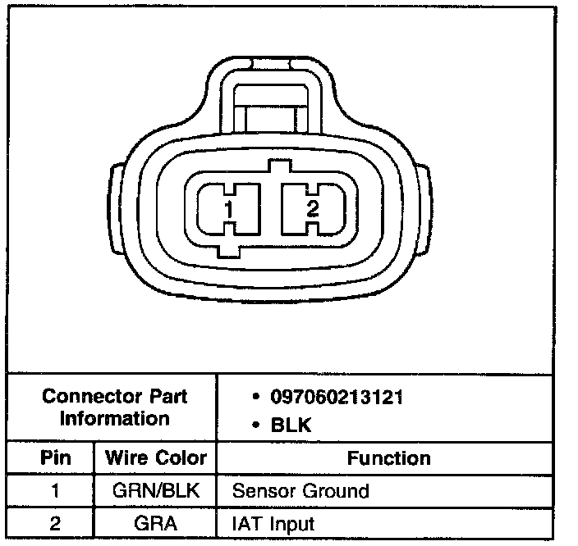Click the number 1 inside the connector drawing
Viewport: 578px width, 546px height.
click(x=229, y=209)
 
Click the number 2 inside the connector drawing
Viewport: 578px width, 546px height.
click(x=313, y=208)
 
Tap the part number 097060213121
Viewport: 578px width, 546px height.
click(x=337, y=397)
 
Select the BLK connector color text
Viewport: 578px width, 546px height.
click(x=291, y=425)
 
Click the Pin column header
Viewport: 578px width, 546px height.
click(x=56, y=457)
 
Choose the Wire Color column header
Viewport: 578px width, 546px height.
click(x=155, y=457)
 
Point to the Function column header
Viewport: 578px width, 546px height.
click(x=389, y=458)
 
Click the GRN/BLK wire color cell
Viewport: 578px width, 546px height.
click(x=155, y=490)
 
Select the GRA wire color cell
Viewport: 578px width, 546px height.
click(x=155, y=523)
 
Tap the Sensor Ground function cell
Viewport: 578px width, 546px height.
click(x=300, y=491)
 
